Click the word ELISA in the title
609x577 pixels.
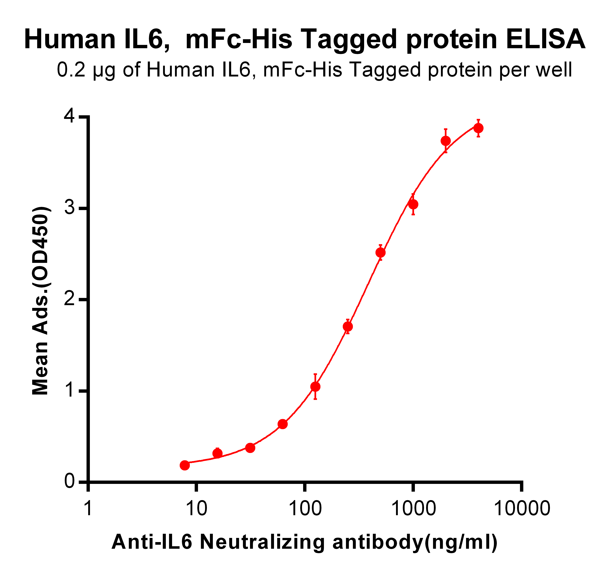(x=546, y=39)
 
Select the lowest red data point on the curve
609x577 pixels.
(x=185, y=465)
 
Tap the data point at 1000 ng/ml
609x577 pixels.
(x=413, y=204)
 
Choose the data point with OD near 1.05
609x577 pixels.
(x=315, y=387)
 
